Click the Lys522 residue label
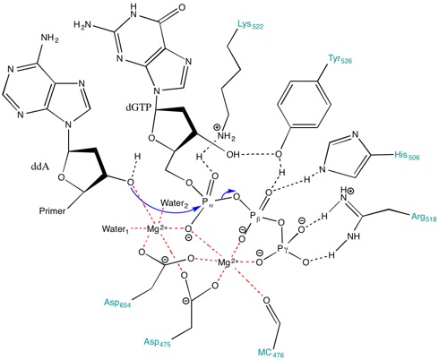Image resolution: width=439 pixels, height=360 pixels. [251, 25]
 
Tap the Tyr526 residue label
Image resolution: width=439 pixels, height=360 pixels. [340, 59]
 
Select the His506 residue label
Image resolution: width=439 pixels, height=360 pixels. [407, 155]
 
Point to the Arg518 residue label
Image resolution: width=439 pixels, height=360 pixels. [424, 217]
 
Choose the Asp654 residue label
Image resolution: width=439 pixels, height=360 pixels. [117, 303]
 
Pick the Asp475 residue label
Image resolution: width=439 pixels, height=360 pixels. [157, 342]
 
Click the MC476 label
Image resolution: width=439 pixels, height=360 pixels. [271, 353]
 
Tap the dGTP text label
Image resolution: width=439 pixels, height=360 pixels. [139, 107]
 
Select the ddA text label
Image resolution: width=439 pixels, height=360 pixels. [40, 167]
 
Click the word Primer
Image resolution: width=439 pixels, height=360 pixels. [52, 211]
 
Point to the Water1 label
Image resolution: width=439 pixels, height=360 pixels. [116, 229]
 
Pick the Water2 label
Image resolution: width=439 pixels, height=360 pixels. [175, 203]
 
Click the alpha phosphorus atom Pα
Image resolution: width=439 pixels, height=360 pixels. [206, 201]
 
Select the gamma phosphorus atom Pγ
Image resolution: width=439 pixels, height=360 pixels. [282, 248]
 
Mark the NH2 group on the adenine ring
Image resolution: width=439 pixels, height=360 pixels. [49, 39]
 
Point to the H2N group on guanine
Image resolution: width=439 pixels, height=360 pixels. [83, 25]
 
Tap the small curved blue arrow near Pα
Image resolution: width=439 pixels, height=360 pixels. [229, 192]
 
